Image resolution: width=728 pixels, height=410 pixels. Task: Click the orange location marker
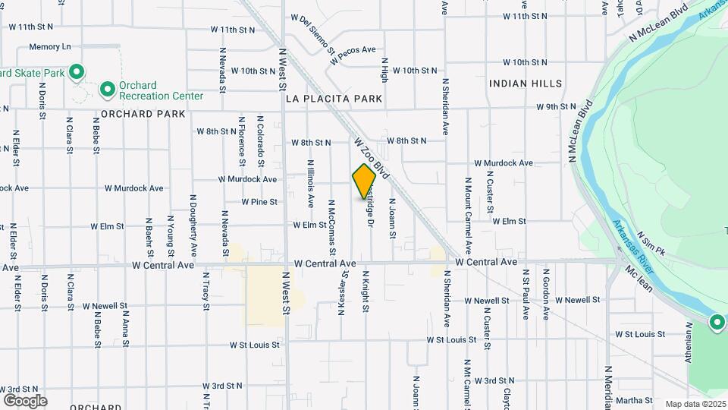pyautogui.click(x=365, y=181)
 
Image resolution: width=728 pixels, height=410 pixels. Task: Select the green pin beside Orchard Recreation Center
pyautogui.click(x=108, y=90)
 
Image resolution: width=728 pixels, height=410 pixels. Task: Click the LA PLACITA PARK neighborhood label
pyautogui.click(x=334, y=99)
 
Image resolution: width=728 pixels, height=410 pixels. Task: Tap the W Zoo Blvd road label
pyautogui.click(x=371, y=158)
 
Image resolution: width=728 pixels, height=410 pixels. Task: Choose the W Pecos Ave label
pyautogui.click(x=353, y=54)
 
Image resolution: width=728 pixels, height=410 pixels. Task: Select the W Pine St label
pyautogui.click(x=259, y=202)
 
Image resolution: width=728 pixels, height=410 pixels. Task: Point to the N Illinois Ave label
pyautogui.click(x=311, y=183)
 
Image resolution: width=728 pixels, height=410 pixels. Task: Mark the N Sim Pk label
pyautogui.click(x=651, y=243)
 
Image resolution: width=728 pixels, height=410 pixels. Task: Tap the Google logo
pyautogui.click(x=25, y=400)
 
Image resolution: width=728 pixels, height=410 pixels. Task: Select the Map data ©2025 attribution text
pyautogui.click(x=695, y=404)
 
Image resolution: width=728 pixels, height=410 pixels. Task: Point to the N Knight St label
pyautogui.click(x=366, y=292)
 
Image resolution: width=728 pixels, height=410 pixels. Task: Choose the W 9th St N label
pyautogui.click(x=556, y=107)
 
